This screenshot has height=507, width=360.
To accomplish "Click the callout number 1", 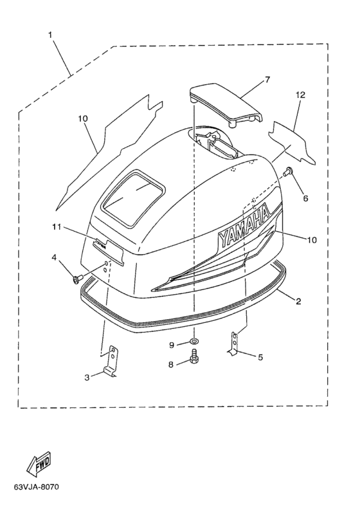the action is coord(50,35).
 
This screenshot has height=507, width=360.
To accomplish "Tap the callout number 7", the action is coord(267,80).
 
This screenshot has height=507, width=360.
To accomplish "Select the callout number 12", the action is coord(300,95).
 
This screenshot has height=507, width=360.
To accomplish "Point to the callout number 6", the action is coord(305,198).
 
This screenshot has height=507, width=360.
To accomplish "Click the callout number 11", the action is coord(57,227).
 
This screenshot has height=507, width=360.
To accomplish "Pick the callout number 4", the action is coord(54,257).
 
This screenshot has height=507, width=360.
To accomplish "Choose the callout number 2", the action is coord(298,301).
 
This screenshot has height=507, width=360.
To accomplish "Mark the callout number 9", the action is coord(172,345).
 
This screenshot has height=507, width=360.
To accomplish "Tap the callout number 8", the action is coord(170,364).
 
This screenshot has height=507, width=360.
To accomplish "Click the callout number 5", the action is coord(260,357).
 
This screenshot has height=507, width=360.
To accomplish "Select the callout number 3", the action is coord(87,377).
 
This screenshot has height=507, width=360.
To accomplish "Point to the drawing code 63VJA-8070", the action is coord(37,486).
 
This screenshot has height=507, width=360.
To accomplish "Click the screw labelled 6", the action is coord(287,171).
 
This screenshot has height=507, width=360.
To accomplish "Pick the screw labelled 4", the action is coord(78,278).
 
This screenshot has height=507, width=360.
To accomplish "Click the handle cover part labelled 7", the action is coord(226,105).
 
